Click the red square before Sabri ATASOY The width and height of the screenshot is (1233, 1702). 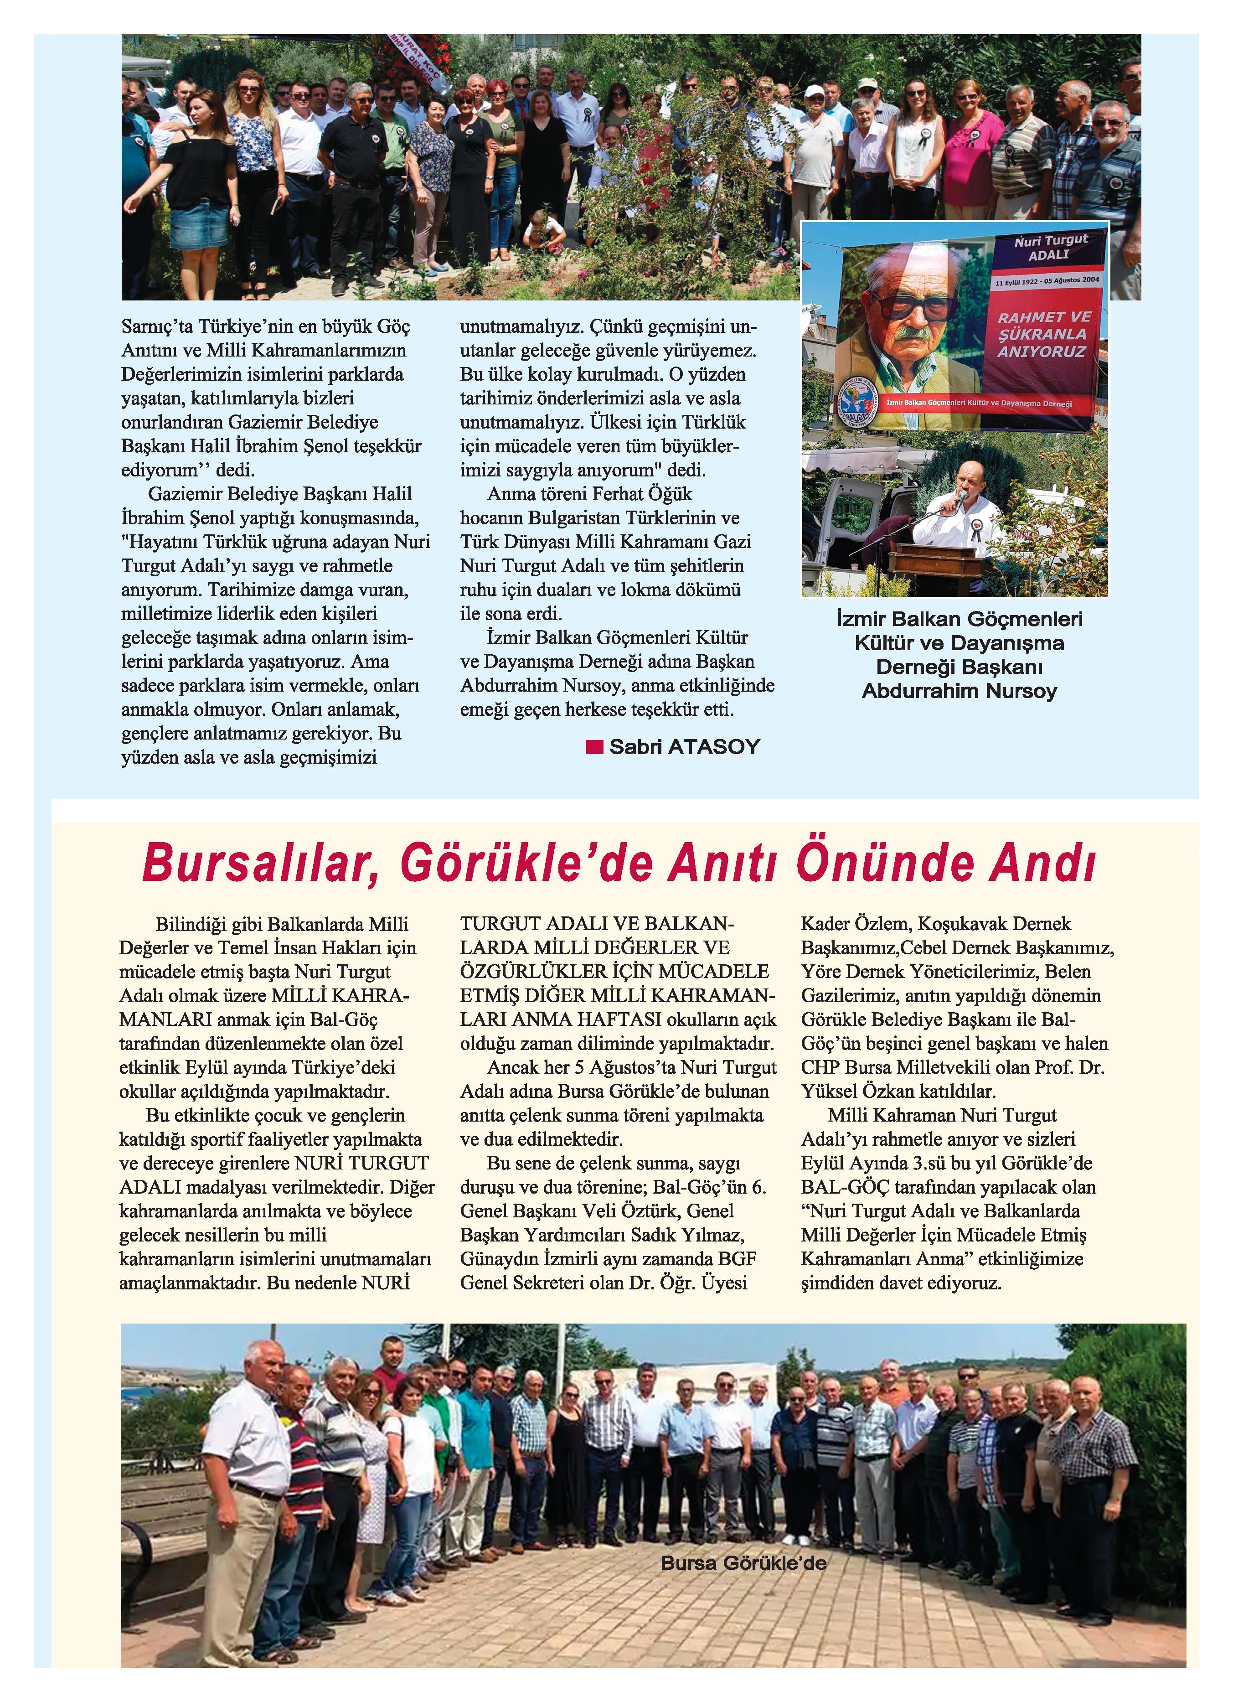[x=594, y=747]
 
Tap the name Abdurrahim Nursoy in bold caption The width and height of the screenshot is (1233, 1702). [x=959, y=691]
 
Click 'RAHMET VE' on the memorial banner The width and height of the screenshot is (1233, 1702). [x=1043, y=317]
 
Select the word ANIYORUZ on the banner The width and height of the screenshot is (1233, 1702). [x=1042, y=351]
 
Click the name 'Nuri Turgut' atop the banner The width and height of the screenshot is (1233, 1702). [x=1051, y=240]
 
